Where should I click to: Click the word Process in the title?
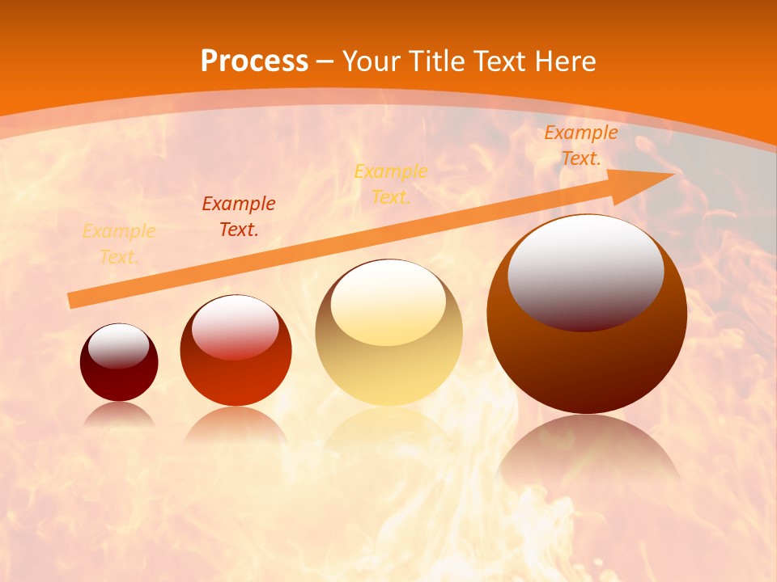coord(254,61)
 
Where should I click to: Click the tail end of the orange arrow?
coord(73,300)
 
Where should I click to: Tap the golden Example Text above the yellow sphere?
coord(391,184)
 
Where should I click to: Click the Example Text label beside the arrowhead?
coord(581,145)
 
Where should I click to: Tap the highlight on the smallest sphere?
coord(119,346)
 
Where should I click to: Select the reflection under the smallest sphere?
coord(119,414)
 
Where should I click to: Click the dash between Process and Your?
coord(325,62)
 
